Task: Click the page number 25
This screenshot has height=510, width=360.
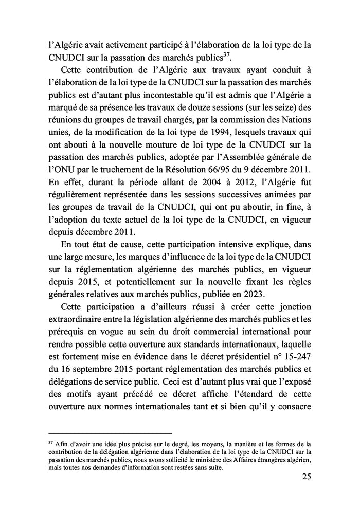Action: click(305, 476)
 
